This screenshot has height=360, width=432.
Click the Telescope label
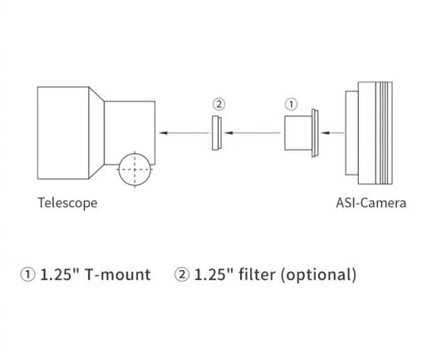point(67,202)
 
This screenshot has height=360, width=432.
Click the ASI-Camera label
point(371,202)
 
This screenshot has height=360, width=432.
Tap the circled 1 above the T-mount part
point(291,105)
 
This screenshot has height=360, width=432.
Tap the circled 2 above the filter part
point(218,105)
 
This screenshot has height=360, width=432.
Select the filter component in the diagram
point(216,131)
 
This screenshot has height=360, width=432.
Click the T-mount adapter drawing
point(299,132)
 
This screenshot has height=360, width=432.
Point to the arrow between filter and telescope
point(182,132)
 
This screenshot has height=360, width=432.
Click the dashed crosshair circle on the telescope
point(136,170)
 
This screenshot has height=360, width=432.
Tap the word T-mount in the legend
point(120,274)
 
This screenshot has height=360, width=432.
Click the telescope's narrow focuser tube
point(129,125)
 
